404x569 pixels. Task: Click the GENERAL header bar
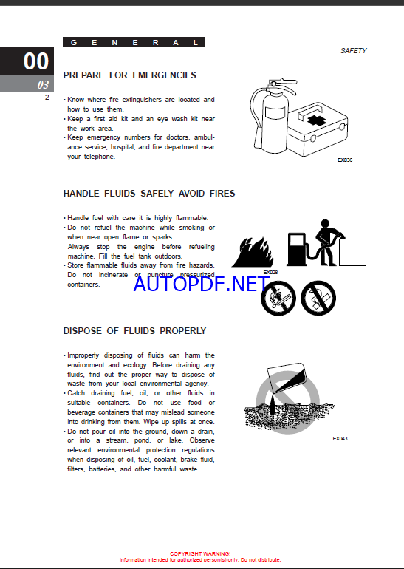(134, 42)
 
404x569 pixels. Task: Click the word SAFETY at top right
(353, 51)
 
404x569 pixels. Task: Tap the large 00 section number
(36, 61)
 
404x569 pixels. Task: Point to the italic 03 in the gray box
(43, 84)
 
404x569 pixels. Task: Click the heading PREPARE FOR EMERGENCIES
(129, 75)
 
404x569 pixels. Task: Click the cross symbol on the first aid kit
(317, 120)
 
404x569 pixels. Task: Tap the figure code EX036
(345, 160)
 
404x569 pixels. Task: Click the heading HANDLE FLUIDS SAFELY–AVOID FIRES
(149, 194)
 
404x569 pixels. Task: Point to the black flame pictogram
(253, 252)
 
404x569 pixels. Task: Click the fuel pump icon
(296, 249)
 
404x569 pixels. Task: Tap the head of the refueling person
(325, 223)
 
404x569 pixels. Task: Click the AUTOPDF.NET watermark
(202, 284)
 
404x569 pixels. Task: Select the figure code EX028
(270, 273)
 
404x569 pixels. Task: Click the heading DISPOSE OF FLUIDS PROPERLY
(134, 331)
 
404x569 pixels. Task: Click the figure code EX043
(340, 439)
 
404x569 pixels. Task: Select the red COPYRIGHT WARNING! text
(200, 553)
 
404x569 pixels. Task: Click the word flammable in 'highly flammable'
(192, 218)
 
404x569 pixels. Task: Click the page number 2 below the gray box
(47, 98)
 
